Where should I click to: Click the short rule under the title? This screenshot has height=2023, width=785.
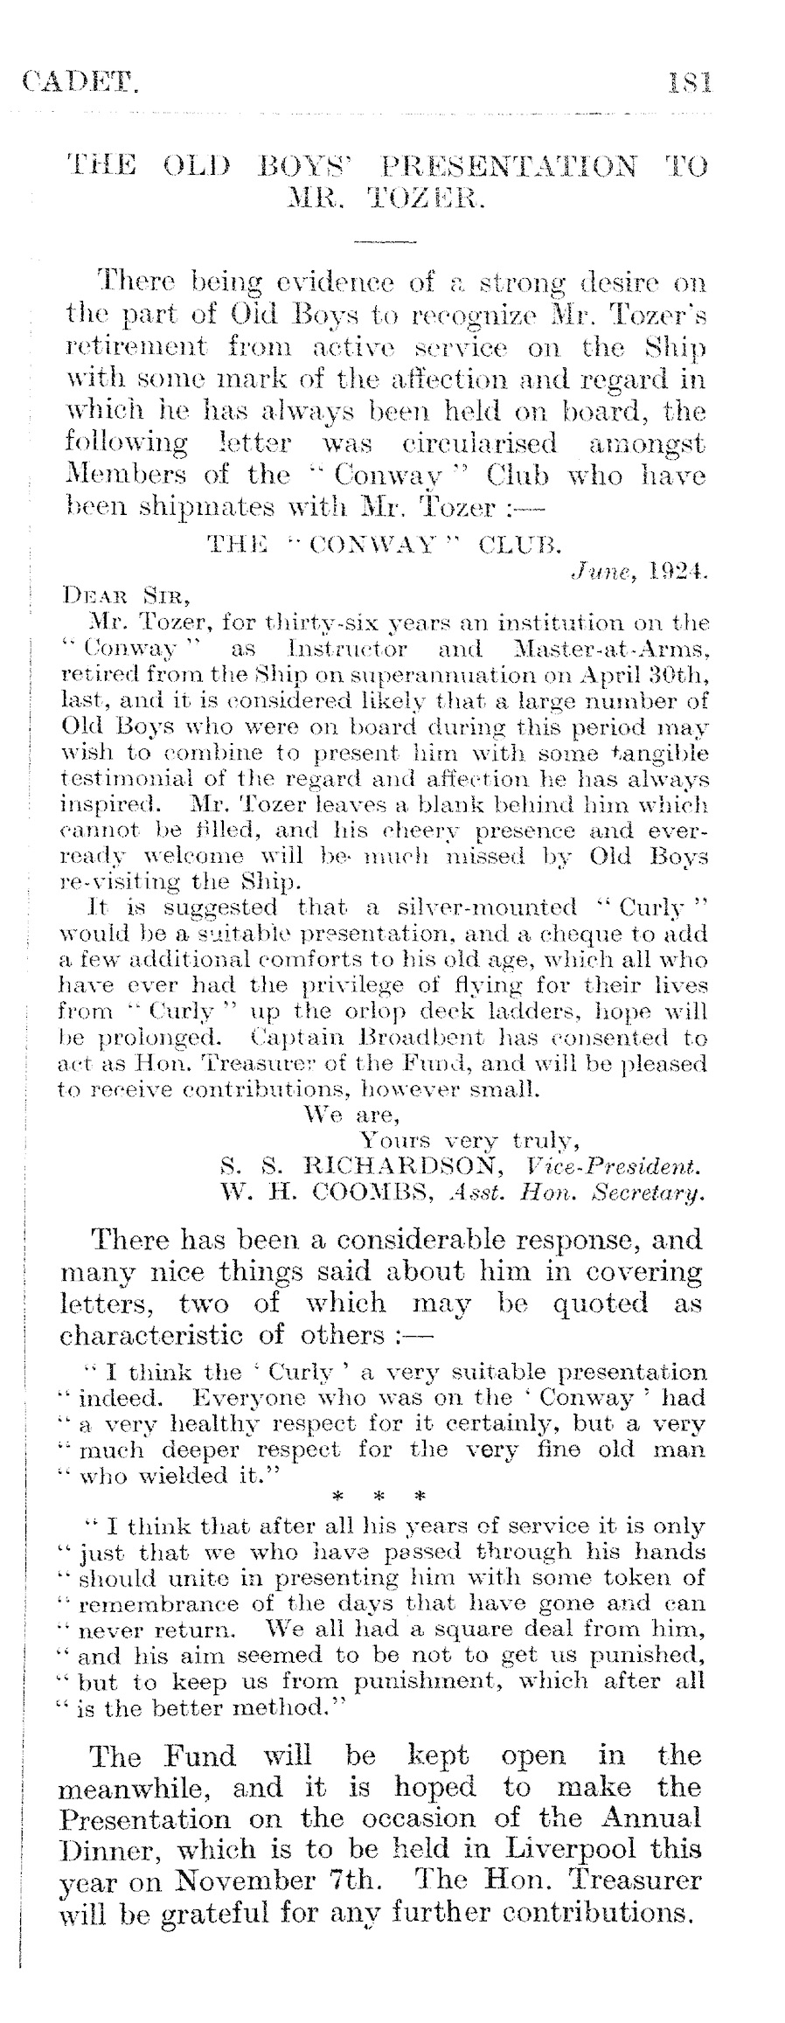click(x=386, y=240)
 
